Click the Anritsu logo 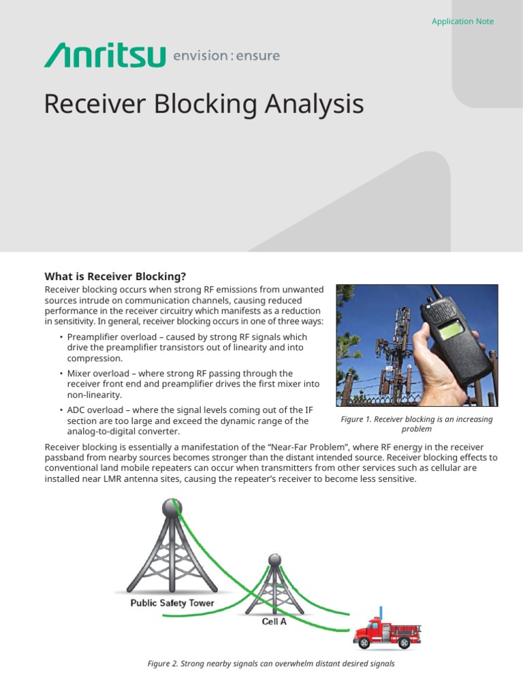click(x=104, y=55)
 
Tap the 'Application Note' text click(x=462, y=21)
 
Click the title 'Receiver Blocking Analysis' click(x=204, y=104)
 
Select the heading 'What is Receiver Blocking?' click(x=115, y=276)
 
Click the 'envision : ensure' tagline click(x=226, y=55)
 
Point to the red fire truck click(x=386, y=633)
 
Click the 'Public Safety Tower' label click(x=172, y=603)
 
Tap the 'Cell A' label click(x=274, y=622)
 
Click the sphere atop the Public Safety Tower click(x=172, y=508)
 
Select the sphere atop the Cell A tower click(x=274, y=560)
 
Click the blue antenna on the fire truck click(x=381, y=611)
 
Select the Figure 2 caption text click(x=271, y=663)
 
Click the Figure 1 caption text click(x=416, y=424)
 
